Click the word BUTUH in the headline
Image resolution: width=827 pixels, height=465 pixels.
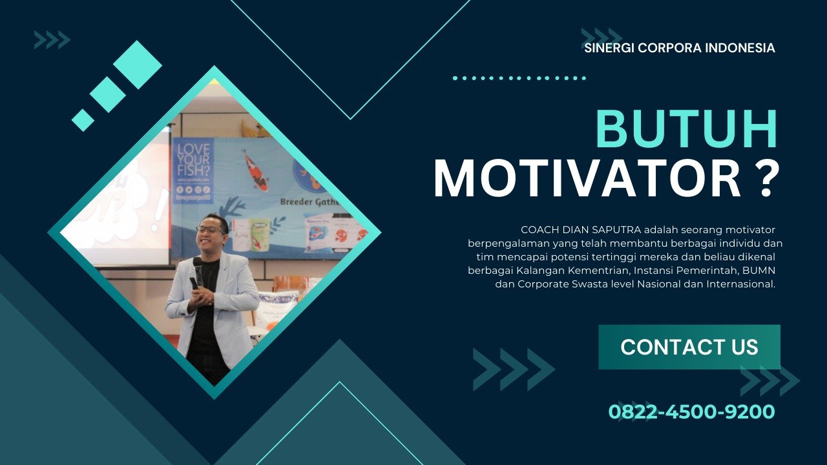point(687,129)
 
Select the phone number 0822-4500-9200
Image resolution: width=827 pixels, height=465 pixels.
point(691,412)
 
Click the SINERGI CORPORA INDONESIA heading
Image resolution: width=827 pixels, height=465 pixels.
point(679,48)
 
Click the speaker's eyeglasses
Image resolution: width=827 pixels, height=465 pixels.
point(211,229)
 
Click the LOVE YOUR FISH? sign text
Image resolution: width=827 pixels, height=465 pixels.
point(193,160)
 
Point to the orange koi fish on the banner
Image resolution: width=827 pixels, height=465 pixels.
point(255,170)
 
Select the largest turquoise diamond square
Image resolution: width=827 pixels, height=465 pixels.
point(138,65)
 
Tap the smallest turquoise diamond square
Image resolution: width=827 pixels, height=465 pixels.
point(83,120)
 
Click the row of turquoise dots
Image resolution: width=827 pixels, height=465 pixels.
point(519,78)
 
